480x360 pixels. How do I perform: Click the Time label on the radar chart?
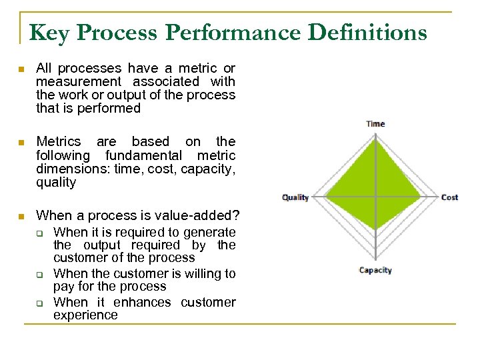(x=375, y=123)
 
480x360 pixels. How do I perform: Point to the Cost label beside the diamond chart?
(x=449, y=197)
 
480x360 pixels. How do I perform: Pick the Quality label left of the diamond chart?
(x=295, y=197)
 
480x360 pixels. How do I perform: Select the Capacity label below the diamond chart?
(x=375, y=270)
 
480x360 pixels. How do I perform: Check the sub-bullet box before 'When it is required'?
(x=39, y=233)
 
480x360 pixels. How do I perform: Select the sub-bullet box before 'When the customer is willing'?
(x=39, y=274)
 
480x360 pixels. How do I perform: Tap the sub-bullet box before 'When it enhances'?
(x=39, y=303)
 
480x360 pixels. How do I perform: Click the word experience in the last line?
(x=85, y=315)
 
